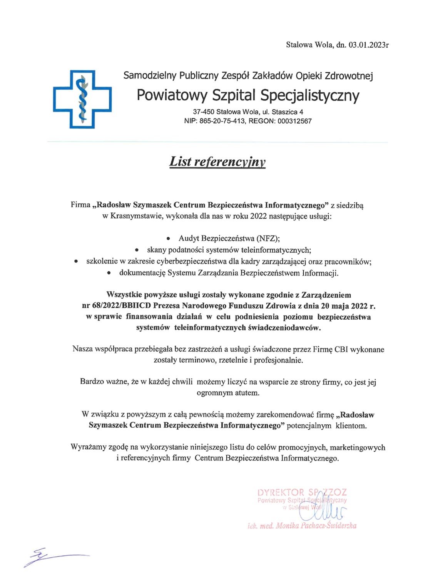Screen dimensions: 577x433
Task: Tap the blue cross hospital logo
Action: pos(82,99)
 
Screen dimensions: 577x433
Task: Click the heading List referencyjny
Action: pos(217,162)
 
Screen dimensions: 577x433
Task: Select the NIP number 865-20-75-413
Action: pos(222,121)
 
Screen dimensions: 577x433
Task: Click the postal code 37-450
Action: pos(204,112)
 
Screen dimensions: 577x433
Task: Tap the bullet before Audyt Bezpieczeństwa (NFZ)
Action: pos(168,238)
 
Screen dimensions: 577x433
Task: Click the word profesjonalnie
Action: pos(279,360)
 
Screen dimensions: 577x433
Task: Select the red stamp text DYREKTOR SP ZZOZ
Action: pos(302,492)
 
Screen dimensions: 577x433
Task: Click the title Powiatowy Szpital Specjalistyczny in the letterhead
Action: pos(248,95)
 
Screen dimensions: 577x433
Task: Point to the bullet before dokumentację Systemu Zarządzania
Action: pos(109,273)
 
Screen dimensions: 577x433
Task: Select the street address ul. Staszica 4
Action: pos(287,112)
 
